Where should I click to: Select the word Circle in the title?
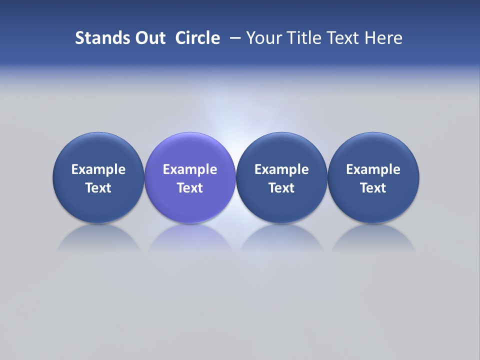(x=197, y=38)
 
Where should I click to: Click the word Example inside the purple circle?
(x=190, y=169)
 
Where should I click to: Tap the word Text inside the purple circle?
(x=190, y=188)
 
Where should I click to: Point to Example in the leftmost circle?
(x=98, y=169)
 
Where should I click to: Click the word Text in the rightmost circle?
(x=373, y=188)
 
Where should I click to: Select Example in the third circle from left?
(x=281, y=169)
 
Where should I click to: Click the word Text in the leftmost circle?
(x=98, y=188)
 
